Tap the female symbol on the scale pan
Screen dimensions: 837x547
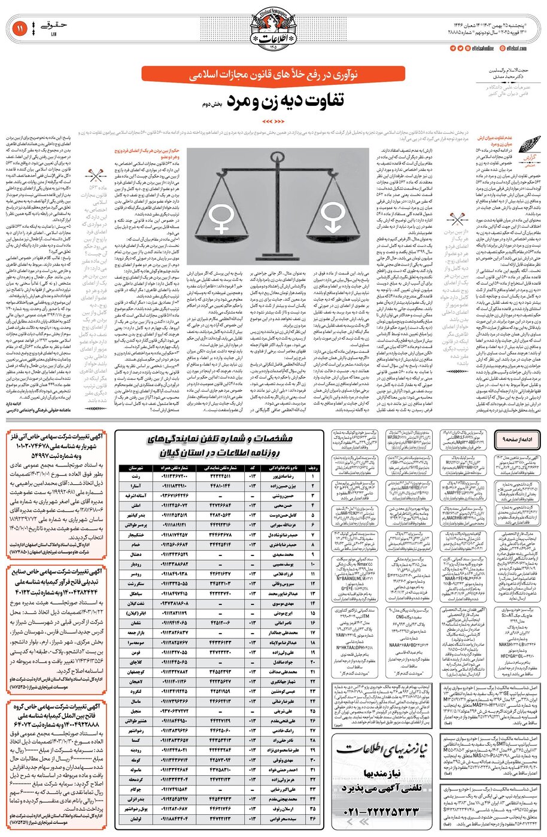tap(220, 221)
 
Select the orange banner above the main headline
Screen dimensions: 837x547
tap(273, 75)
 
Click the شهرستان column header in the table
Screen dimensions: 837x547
tap(136, 468)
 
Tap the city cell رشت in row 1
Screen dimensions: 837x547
tap(136, 476)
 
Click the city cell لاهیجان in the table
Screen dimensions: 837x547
tap(136, 681)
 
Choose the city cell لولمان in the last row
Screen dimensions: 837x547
tap(136, 818)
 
